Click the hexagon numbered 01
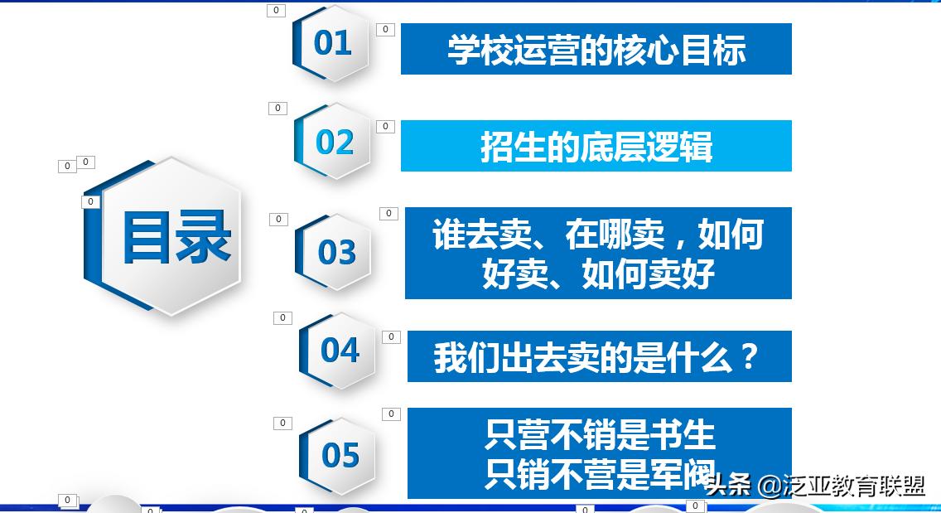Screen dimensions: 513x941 [x=332, y=43]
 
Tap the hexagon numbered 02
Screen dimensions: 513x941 [x=335, y=142]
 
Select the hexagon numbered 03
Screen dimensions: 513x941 [x=336, y=252]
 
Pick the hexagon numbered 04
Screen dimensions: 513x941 [x=340, y=350]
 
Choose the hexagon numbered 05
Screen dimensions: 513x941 [x=340, y=455]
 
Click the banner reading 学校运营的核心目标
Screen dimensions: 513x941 [x=596, y=49]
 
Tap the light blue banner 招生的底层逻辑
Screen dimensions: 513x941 [x=596, y=146]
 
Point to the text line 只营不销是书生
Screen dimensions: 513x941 [x=600, y=434]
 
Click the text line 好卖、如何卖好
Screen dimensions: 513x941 [x=598, y=273]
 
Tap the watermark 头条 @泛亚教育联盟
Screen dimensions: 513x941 [x=816, y=486]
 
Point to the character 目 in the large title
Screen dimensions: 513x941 [x=147, y=237]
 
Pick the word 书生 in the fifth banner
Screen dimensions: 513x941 [x=691, y=434]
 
